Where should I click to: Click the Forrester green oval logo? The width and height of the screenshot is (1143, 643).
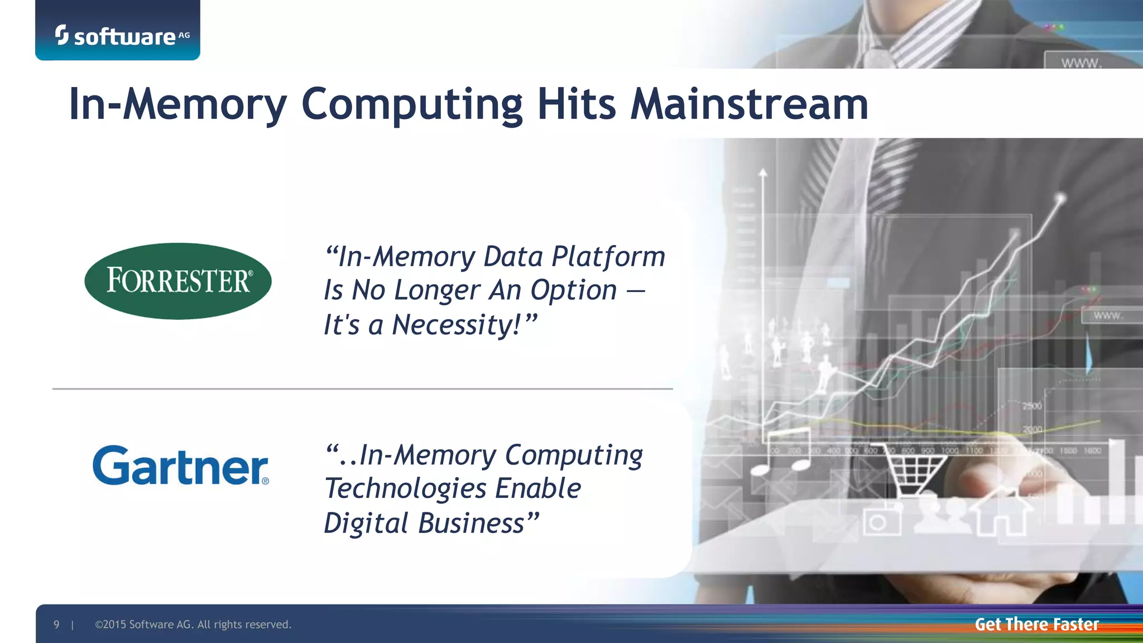tap(177, 281)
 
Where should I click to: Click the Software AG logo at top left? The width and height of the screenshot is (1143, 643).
tap(122, 36)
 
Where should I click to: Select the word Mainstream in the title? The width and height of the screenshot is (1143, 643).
tap(749, 104)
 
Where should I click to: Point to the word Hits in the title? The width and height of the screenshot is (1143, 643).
tap(577, 104)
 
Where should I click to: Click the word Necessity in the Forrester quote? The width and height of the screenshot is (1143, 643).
tap(456, 325)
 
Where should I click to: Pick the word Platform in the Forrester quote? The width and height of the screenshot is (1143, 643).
tap(608, 257)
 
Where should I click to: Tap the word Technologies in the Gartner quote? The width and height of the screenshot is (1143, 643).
tap(405, 488)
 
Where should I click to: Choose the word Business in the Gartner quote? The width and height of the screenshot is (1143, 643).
tap(471, 524)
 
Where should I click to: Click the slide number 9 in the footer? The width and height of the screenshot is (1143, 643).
tap(56, 625)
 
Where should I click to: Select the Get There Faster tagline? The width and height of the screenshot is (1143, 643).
tap(1036, 624)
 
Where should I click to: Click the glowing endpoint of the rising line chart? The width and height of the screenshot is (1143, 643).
tap(1060, 198)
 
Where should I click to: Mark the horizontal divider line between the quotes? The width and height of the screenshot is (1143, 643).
tap(363, 388)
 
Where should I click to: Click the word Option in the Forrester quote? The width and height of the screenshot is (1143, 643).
tap(573, 290)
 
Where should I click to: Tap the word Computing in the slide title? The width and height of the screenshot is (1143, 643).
tap(412, 104)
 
